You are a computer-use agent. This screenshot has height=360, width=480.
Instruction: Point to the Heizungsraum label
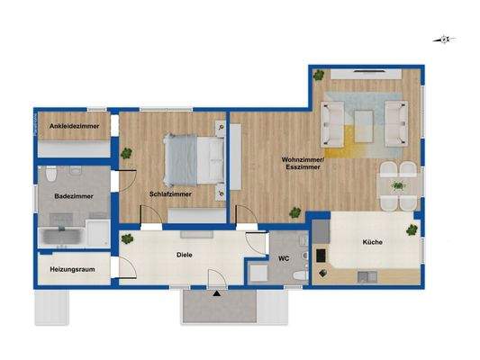(72, 267)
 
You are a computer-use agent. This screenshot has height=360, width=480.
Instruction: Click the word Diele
(186, 255)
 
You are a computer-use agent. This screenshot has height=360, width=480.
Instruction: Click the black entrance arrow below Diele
(216, 292)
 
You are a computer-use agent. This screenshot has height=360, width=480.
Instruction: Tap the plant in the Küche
(412, 230)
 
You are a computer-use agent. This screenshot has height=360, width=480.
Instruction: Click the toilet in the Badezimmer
(51, 175)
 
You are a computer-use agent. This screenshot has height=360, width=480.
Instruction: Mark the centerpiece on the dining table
(397, 186)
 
